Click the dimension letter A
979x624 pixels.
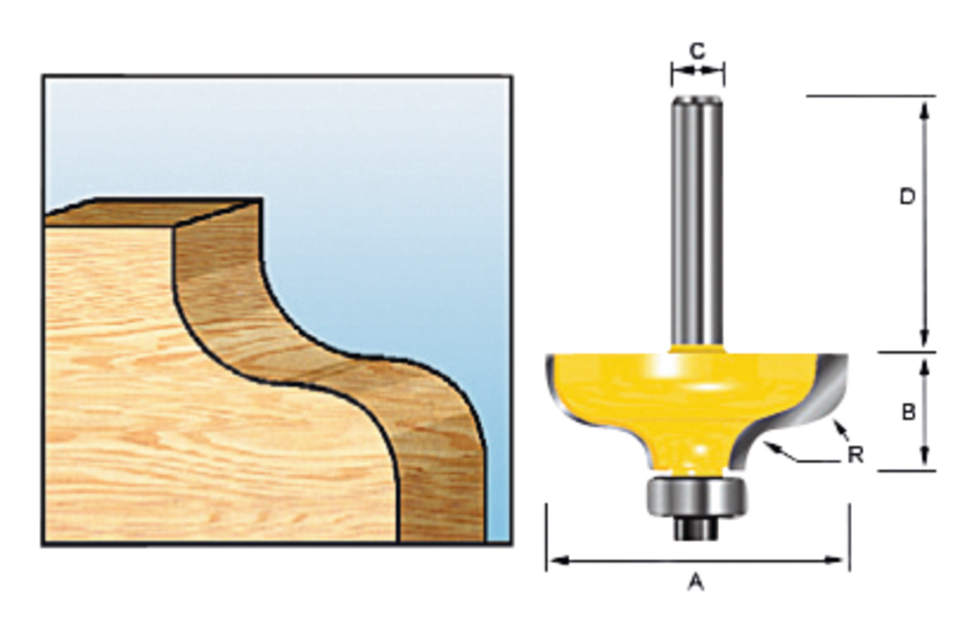tap(696, 582)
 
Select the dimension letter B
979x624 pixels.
tap(908, 412)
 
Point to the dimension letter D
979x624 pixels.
tap(908, 197)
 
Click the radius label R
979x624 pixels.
tap(856, 456)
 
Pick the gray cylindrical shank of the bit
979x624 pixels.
tap(696, 220)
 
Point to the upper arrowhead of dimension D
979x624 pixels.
tap(925, 105)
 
